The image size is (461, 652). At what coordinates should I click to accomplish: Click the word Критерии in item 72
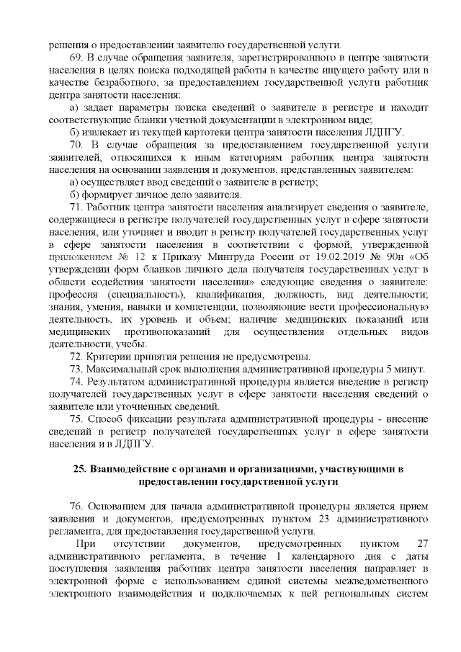tap(108, 357)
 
